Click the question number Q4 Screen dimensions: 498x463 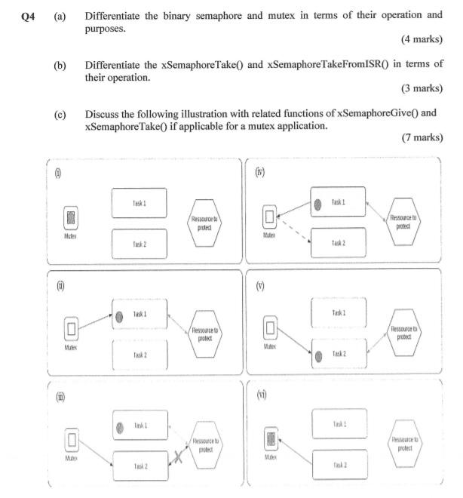tap(29, 16)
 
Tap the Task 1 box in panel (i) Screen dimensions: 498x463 tap(140, 202)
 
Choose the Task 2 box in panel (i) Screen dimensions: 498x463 tap(140, 243)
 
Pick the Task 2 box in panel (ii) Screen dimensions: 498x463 tap(140, 353)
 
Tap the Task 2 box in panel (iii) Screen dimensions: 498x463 tap(140, 466)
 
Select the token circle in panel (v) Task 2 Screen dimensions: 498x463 tap(319, 354)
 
